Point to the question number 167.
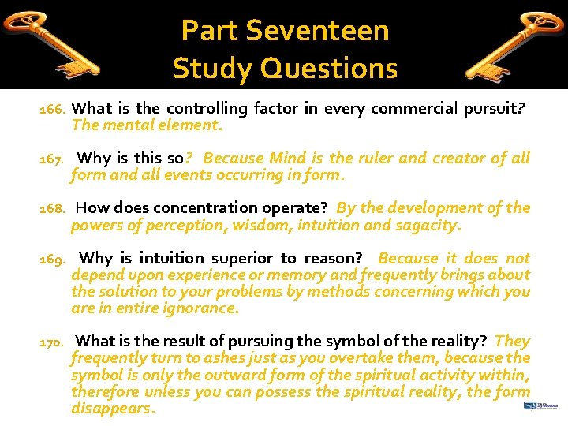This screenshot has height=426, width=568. point(53,159)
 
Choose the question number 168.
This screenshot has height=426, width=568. point(53,209)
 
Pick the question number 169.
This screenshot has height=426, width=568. point(53,260)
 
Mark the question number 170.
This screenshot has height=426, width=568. point(53,342)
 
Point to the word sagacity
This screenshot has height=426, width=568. point(426,225)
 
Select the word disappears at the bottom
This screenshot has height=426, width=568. point(111,409)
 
